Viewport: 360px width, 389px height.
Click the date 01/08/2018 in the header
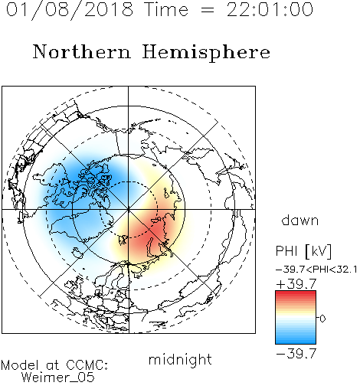click(70, 9)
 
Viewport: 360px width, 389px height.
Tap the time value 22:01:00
click(270, 9)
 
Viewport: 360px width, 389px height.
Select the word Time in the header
click(166, 9)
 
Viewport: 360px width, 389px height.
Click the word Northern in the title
click(82, 51)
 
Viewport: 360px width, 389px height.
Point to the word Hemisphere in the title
click(206, 53)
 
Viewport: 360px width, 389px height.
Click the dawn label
click(300, 220)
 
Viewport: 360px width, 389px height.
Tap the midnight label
click(180, 359)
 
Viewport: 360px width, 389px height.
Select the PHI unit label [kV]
click(319, 251)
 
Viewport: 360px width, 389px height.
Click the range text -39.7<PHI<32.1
click(316, 270)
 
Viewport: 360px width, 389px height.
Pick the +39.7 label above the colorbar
click(296, 284)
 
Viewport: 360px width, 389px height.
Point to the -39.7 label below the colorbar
click(296, 353)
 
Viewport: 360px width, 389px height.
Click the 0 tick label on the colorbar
click(322, 319)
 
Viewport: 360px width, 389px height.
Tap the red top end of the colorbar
click(296, 293)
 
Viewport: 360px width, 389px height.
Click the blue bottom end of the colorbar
click(296, 342)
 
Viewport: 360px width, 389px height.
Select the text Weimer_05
click(58, 378)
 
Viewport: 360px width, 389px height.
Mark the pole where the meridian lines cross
click(129, 210)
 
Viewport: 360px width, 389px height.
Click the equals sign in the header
click(208, 10)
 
